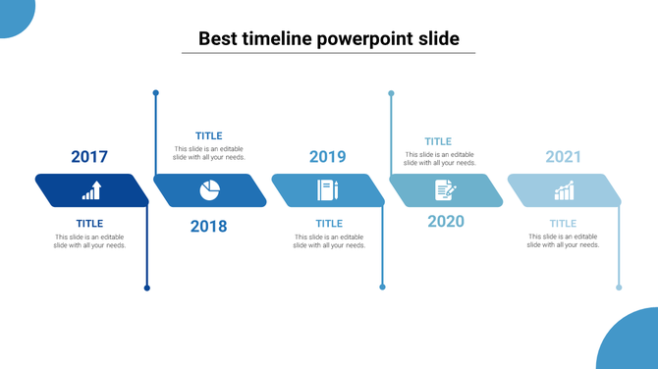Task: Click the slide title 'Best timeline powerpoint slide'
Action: click(328, 39)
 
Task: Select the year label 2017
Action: click(89, 156)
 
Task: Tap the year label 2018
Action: click(208, 227)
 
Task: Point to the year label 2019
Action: click(327, 156)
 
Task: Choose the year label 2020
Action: click(446, 221)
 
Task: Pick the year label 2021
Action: click(564, 156)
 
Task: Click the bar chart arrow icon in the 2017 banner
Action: click(91, 190)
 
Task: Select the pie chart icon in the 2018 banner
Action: click(210, 189)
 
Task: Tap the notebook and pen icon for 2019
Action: click(327, 189)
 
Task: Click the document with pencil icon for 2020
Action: click(445, 190)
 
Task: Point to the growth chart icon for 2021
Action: click(564, 190)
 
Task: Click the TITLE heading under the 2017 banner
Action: click(89, 224)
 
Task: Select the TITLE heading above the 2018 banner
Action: click(208, 136)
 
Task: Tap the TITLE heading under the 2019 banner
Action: click(328, 224)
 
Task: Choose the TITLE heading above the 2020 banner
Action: click(438, 142)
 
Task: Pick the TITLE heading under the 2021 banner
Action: click(563, 224)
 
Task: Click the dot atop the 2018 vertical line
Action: click(155, 93)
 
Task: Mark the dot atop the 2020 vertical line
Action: click(391, 93)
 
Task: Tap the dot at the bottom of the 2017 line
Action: click(147, 288)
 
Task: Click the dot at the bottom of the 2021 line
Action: click(619, 288)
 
